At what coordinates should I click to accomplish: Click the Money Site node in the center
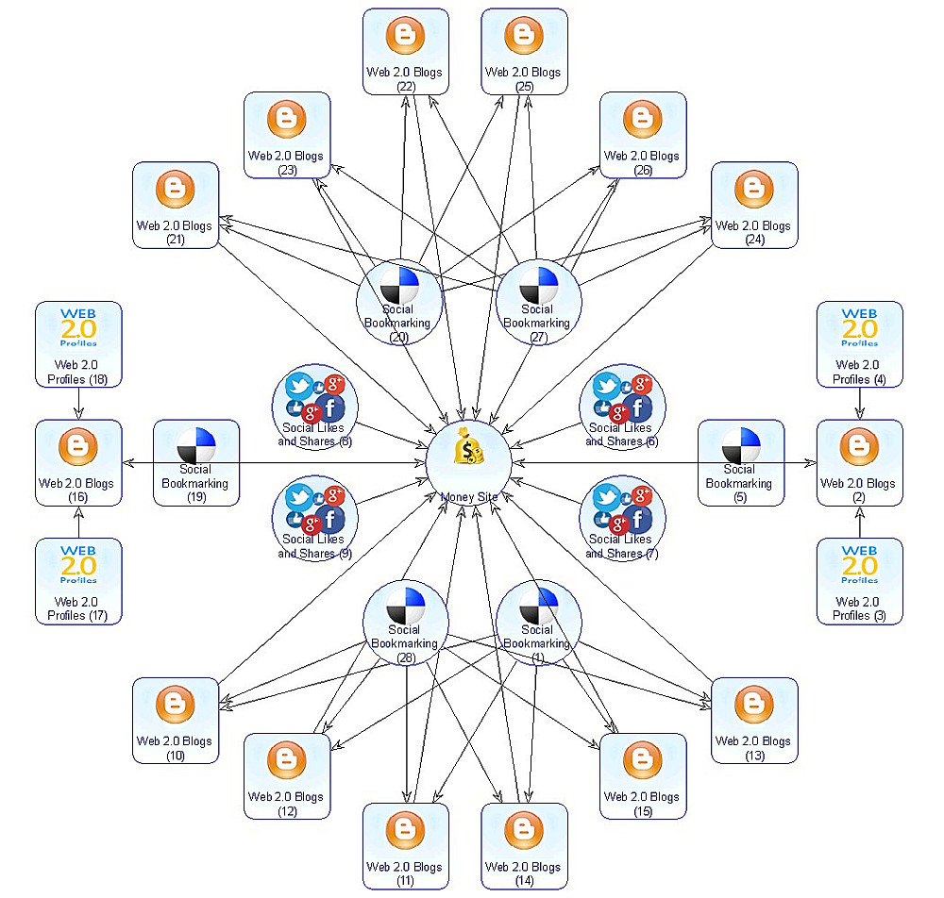469,463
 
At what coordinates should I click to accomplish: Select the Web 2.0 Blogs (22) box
405,52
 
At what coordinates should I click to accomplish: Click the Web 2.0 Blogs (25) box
524,52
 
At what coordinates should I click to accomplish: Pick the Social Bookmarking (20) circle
398,302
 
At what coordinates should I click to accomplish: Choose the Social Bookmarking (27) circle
538,302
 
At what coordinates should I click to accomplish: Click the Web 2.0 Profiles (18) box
78,344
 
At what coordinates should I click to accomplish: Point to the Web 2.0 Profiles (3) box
859,581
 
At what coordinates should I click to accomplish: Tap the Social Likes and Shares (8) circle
314,410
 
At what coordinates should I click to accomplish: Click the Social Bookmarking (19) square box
196,463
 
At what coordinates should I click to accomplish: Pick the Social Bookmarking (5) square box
740,463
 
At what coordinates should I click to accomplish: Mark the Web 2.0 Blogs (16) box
78,463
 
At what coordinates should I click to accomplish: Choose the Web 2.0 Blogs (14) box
524,846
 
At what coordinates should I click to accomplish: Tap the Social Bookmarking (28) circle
405,623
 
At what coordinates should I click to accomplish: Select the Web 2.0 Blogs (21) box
176,206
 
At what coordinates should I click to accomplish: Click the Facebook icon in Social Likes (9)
331,520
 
